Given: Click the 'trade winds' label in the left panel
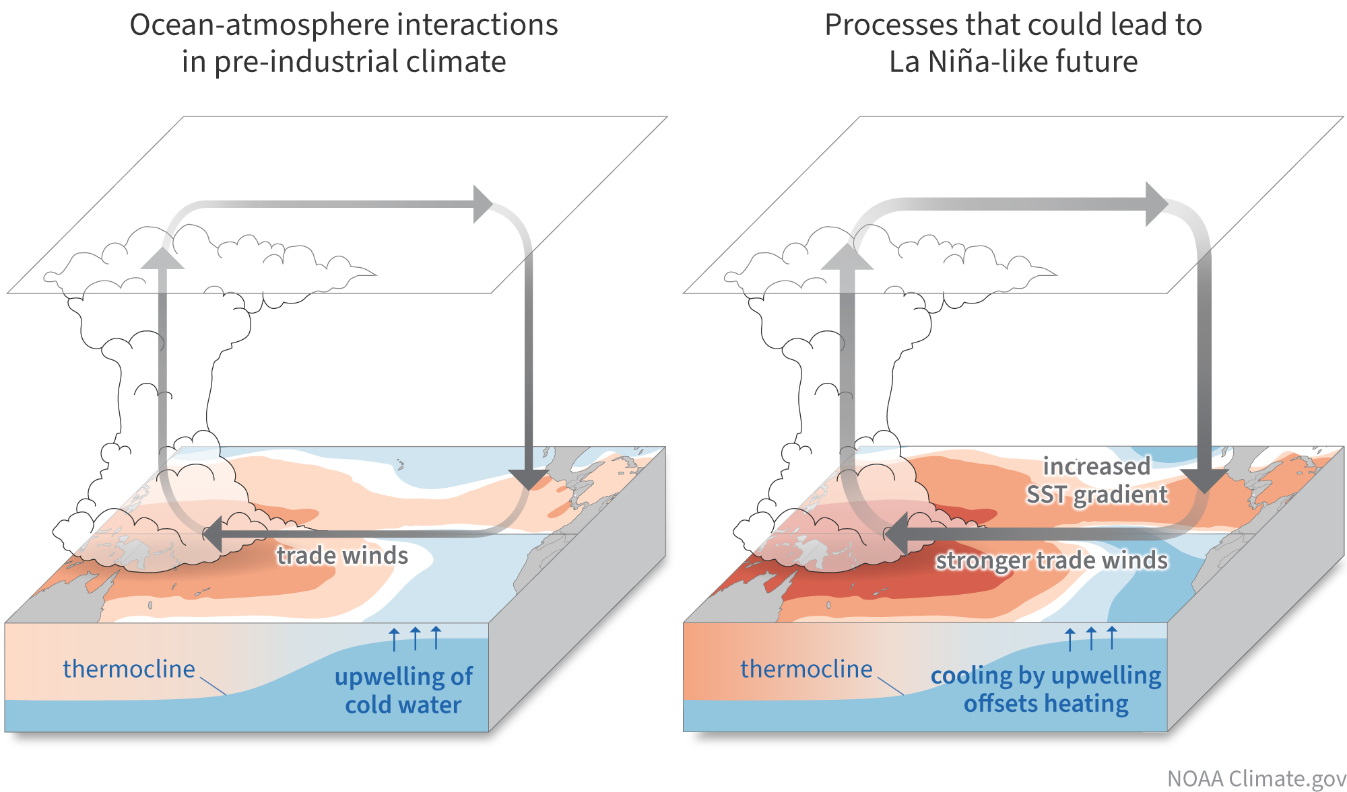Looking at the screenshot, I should (x=342, y=556).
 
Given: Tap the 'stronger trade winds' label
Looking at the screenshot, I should (x=1051, y=560).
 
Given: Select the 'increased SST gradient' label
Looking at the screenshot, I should (x=1096, y=480).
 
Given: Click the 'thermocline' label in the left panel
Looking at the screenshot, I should (x=129, y=669).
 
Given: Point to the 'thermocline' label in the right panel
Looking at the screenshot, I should (x=806, y=669).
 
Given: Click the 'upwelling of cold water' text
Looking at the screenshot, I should (x=403, y=690).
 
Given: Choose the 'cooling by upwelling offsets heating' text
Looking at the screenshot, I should (x=1046, y=689).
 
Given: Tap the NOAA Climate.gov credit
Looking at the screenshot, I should (x=1256, y=779).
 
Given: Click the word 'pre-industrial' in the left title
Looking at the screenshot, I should (x=293, y=62).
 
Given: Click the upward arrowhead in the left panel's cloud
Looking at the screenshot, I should (x=162, y=258).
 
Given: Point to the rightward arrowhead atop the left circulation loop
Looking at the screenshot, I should (x=483, y=204).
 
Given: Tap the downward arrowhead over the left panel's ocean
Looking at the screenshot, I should (x=529, y=480).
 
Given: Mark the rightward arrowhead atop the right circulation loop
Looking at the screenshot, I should (x=1156, y=204).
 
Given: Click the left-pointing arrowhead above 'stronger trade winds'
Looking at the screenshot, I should (x=896, y=534).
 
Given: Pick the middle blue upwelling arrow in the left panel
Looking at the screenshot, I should (x=416, y=638).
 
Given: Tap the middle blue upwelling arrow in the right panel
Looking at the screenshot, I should (x=1091, y=638).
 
